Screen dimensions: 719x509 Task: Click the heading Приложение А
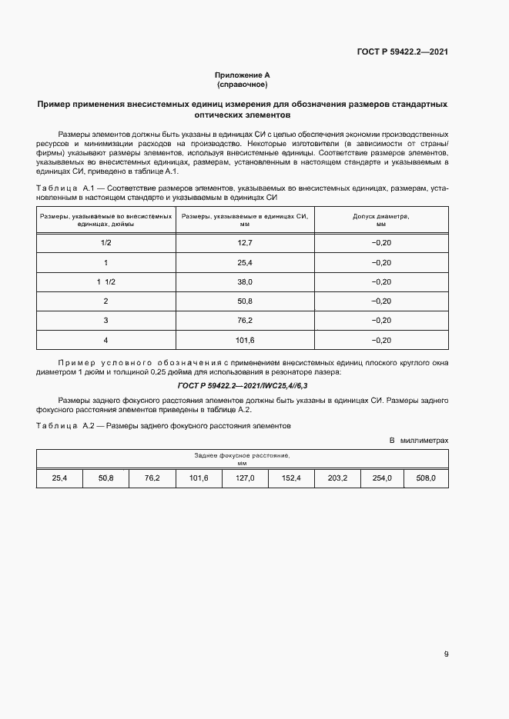tap(242, 75)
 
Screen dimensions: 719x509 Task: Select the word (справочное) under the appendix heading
tap(242, 85)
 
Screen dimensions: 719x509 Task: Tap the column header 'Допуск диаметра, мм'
tap(380, 221)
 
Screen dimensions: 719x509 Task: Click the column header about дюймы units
tap(105, 221)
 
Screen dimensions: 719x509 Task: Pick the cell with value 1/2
tap(105, 243)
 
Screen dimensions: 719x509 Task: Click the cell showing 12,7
tap(244, 243)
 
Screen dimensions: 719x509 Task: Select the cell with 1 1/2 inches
tap(105, 281)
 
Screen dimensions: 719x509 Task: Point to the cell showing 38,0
tap(244, 281)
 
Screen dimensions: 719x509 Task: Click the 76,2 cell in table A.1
tap(244, 320)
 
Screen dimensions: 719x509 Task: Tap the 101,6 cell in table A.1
tap(244, 339)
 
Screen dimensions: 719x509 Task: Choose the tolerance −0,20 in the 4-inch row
tap(380, 339)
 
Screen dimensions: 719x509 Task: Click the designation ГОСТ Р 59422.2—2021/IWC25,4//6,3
tap(242, 384)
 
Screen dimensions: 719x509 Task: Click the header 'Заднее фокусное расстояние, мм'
tap(242, 460)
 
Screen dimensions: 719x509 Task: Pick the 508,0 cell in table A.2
tap(426, 478)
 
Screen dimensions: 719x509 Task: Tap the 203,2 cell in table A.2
tap(337, 478)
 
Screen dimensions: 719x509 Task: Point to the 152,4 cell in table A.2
tap(290, 478)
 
